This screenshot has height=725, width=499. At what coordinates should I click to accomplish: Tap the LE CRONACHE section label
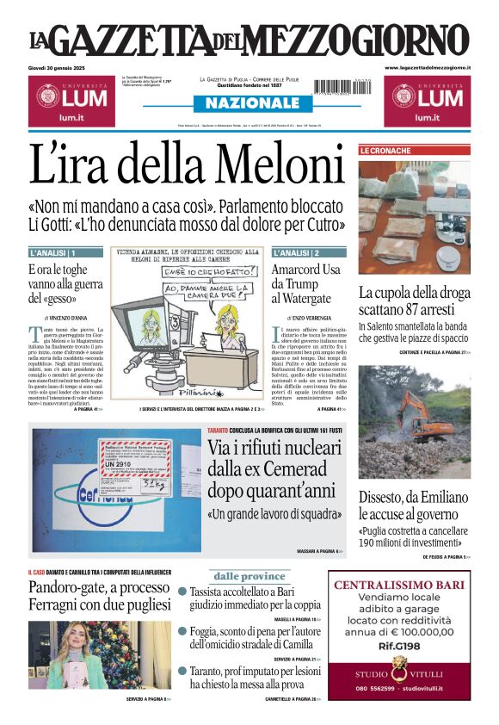[386, 151]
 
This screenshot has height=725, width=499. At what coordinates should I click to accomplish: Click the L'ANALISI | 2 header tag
[296, 253]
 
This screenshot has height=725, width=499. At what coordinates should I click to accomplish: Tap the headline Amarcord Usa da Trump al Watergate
[307, 283]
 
